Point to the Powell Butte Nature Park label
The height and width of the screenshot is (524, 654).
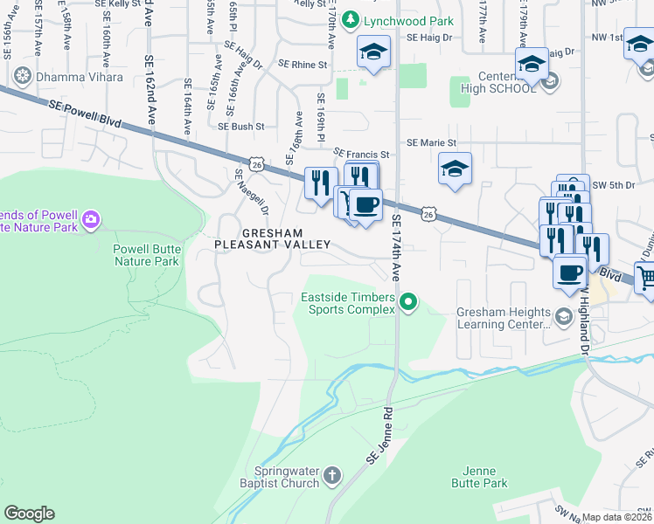tap(146, 254)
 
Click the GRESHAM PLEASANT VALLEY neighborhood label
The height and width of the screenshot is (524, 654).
tap(273, 239)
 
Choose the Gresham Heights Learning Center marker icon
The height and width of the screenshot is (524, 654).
tap(565, 316)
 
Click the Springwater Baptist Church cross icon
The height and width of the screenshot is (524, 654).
tap(331, 475)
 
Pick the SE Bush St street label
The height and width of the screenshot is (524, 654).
tap(241, 127)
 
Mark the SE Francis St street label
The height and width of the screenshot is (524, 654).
tap(360, 153)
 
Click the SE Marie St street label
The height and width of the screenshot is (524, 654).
tap(431, 142)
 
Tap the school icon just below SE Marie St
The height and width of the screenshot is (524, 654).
tap(455, 169)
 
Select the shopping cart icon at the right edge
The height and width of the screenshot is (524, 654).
tap(645, 278)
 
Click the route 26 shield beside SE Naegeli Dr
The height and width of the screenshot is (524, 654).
tap(256, 163)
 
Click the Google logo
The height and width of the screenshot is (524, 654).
tap(29, 514)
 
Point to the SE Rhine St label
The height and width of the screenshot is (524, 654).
tap(303, 65)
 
